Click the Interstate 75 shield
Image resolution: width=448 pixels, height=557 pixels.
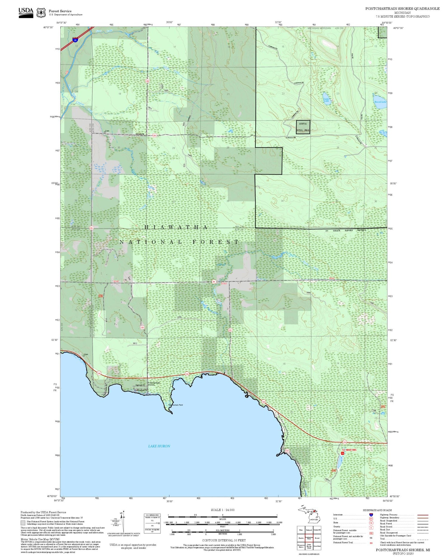[x=75, y=39]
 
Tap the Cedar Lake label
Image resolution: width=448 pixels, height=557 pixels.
[x=326, y=100]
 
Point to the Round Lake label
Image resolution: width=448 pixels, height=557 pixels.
[x=380, y=102]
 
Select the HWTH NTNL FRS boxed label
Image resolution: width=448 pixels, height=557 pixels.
[x=303, y=127]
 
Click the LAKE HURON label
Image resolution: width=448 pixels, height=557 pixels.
[x=159, y=446]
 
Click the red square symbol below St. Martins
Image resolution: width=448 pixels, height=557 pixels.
[x=343, y=453]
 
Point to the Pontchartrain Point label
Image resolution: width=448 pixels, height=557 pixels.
[x=175, y=405]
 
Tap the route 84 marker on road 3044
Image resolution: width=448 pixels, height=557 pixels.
[x=214, y=282]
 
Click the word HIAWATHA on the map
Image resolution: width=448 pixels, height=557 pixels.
[x=176, y=227]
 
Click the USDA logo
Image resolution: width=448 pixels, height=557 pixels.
[x=26, y=13]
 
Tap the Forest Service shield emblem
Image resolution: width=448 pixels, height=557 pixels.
[x=41, y=13]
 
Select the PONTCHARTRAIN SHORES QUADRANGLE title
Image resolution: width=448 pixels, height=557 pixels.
[x=402, y=9]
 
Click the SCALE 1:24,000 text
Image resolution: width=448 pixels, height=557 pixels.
[x=223, y=510]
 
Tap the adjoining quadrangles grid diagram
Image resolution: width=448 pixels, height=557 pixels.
[x=309, y=538]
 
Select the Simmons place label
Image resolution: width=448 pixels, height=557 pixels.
[x=140, y=134]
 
